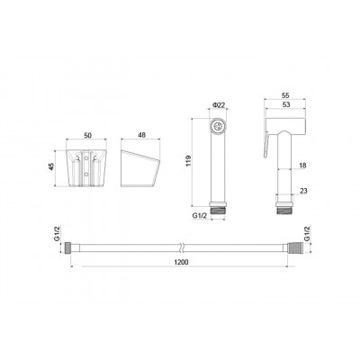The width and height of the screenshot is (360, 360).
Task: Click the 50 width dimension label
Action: tap(87, 135)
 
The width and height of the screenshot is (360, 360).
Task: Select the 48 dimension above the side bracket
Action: tap(141, 135)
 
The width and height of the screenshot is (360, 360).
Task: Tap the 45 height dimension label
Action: tap(50, 166)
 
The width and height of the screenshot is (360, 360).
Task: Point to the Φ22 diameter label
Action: tap(219, 105)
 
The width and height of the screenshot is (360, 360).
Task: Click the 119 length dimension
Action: tap(188, 161)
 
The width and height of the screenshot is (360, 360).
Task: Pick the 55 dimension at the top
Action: tap(285, 95)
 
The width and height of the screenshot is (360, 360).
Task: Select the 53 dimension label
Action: tap(286, 104)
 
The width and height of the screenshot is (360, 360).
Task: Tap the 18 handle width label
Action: tap(303, 166)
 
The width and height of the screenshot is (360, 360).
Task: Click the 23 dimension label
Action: tap(303, 191)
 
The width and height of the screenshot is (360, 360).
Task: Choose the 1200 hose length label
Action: tap(181, 262)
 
